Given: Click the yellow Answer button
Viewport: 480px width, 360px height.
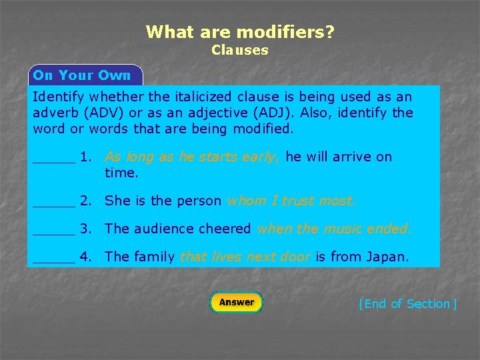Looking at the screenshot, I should pos(237,302).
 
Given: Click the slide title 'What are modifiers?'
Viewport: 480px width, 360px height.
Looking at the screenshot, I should pos(240,31).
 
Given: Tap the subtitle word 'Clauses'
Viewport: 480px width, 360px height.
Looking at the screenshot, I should pos(240,50).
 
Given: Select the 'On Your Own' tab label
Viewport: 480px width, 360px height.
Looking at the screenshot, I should pos(82,75).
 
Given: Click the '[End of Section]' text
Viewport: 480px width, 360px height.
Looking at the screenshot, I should pos(407,304).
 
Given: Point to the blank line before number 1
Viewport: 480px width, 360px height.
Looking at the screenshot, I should pos(54,160).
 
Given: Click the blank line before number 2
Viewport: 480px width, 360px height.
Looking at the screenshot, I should pos(54,204).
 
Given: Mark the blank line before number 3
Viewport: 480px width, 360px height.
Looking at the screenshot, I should pos(54,232).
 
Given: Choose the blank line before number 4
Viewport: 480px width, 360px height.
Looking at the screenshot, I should pos(54,260).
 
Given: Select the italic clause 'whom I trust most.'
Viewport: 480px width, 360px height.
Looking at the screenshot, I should pos(291,201).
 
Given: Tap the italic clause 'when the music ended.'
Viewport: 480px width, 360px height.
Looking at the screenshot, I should pos(334,229).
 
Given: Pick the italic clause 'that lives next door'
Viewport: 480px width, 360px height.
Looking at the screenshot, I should pos(245,257).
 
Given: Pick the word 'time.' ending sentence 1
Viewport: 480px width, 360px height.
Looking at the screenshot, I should pos(121,173).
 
